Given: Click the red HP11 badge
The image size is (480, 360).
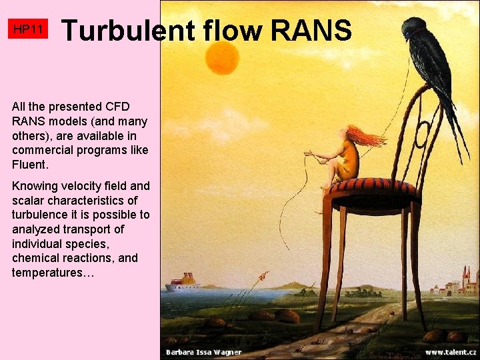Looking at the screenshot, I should point(29,29).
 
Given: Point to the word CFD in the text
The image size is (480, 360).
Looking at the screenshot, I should point(117,107).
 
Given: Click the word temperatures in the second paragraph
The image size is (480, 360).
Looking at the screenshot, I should point(49,273).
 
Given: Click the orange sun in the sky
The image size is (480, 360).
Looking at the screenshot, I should point(222,58).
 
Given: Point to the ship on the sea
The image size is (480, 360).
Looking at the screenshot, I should point(183,283).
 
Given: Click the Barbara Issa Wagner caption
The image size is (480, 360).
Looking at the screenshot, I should point(204,352).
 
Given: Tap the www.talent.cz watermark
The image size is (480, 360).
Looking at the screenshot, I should point(451,352).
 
